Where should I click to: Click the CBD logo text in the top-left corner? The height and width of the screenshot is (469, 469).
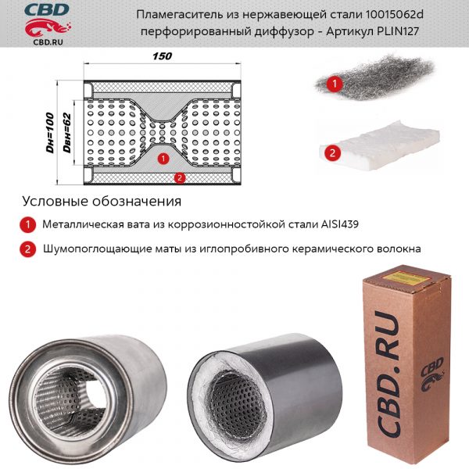tap(46, 9)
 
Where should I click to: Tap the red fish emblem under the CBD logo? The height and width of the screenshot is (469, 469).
tap(48, 28)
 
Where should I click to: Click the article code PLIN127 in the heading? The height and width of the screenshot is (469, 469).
tap(398, 31)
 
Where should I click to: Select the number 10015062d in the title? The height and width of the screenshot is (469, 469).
tap(394, 14)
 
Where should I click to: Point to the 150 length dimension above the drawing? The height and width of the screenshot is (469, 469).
tap(162, 56)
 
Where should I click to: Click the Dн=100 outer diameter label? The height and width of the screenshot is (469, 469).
tap(50, 133)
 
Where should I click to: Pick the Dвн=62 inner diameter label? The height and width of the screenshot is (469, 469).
tap(67, 133)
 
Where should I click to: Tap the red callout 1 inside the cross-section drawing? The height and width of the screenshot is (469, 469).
tap(163, 159)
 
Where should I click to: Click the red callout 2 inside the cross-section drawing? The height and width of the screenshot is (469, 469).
tap(180, 178)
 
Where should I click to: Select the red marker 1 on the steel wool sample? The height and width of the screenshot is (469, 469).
tap(335, 83)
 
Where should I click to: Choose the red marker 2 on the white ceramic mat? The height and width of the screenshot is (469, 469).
tap(332, 153)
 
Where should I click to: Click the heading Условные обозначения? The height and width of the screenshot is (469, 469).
tap(102, 201)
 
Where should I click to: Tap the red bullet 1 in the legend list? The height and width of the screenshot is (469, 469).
tap(28, 224)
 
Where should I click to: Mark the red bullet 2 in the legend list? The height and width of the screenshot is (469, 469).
tap(28, 249)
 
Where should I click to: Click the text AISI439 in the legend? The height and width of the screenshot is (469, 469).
tap(340, 224)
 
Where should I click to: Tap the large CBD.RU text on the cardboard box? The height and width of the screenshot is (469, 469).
tap(388, 374)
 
